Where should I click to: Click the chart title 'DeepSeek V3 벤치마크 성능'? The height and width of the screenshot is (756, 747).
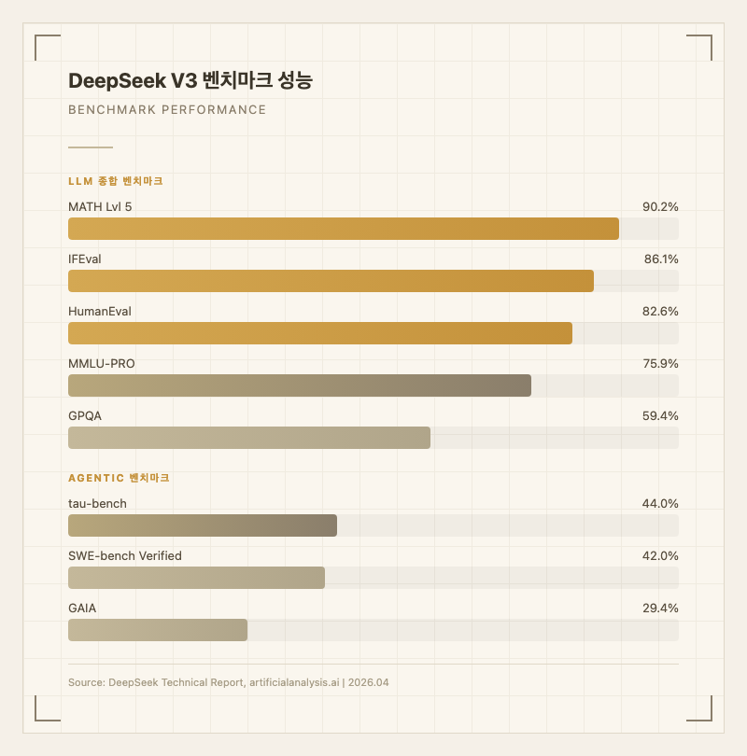[190, 81]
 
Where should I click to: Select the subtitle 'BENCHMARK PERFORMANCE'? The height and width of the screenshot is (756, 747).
[167, 110]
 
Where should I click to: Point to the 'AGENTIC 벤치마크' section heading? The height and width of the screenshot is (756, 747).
[120, 478]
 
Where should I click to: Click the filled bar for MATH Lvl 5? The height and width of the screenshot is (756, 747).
[344, 229]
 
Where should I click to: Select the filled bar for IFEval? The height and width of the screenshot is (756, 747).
[331, 281]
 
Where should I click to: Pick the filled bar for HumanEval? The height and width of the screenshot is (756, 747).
[320, 333]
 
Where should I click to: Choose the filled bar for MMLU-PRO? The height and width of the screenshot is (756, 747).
[300, 385]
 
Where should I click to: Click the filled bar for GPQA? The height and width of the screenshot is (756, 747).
[249, 438]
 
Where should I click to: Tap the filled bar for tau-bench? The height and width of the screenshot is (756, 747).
[203, 525]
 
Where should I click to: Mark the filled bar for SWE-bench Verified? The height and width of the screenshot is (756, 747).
[196, 578]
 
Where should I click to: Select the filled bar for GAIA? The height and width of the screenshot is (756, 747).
[158, 630]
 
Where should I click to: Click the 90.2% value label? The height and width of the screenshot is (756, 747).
[660, 206]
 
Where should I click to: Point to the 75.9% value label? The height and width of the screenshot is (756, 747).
[660, 363]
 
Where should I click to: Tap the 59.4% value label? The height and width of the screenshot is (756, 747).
[660, 415]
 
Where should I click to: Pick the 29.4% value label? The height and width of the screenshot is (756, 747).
[660, 608]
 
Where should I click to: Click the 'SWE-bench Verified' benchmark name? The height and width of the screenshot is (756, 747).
[125, 555]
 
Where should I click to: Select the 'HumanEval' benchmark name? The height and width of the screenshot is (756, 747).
[100, 311]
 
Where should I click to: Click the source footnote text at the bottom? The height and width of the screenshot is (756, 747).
[229, 682]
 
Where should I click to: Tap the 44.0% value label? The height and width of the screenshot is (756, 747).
[660, 503]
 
